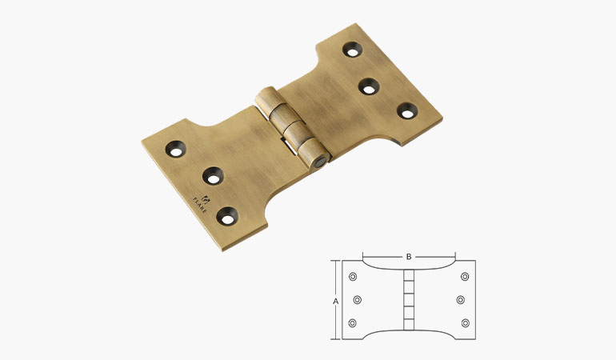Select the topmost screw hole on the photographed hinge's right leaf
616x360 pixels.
click(x=353, y=50)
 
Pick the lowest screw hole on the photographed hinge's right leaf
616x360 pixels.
click(x=407, y=111)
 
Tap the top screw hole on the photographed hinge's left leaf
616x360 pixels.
click(x=176, y=147)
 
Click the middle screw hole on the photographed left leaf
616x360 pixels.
click(x=213, y=174)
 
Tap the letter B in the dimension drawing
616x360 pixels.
click(x=408, y=257)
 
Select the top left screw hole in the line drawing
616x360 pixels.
click(x=353, y=277)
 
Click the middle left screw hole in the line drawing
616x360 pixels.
click(x=358, y=300)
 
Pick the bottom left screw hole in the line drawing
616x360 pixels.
click(x=353, y=323)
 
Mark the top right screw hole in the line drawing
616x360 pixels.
click(x=465, y=277)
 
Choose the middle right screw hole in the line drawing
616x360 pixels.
click(x=460, y=300)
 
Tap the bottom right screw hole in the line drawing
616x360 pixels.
click(x=465, y=323)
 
